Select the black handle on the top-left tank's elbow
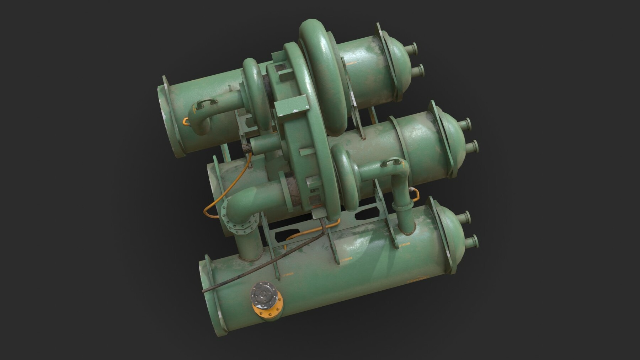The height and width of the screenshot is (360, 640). [x=206, y=103]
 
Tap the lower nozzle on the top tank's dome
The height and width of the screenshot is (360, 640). [x=419, y=70]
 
